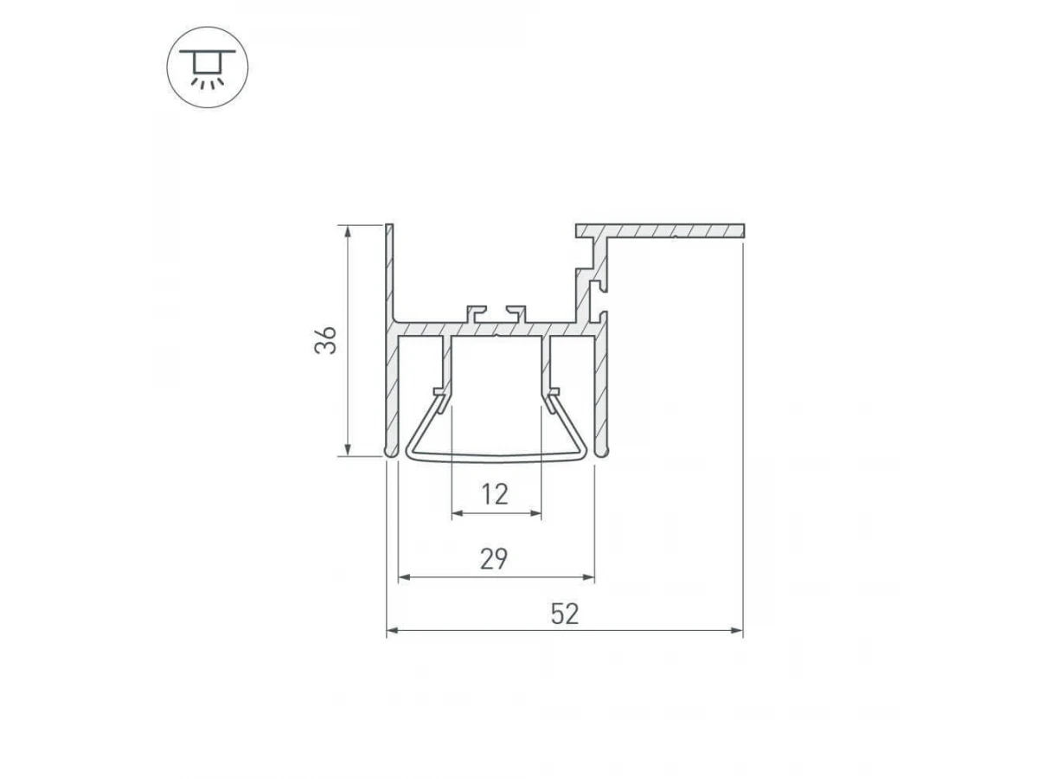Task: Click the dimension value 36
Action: click(326, 340)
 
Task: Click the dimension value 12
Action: click(495, 494)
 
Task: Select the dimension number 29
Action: click(494, 558)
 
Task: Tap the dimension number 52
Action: click(565, 614)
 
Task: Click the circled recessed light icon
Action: click(208, 68)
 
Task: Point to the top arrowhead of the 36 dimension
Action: click(348, 232)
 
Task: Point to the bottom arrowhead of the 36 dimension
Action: click(348, 450)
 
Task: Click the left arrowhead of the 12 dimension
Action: click(458, 512)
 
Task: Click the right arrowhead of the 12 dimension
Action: click(535, 512)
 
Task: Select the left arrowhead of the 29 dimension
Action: click(404, 577)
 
